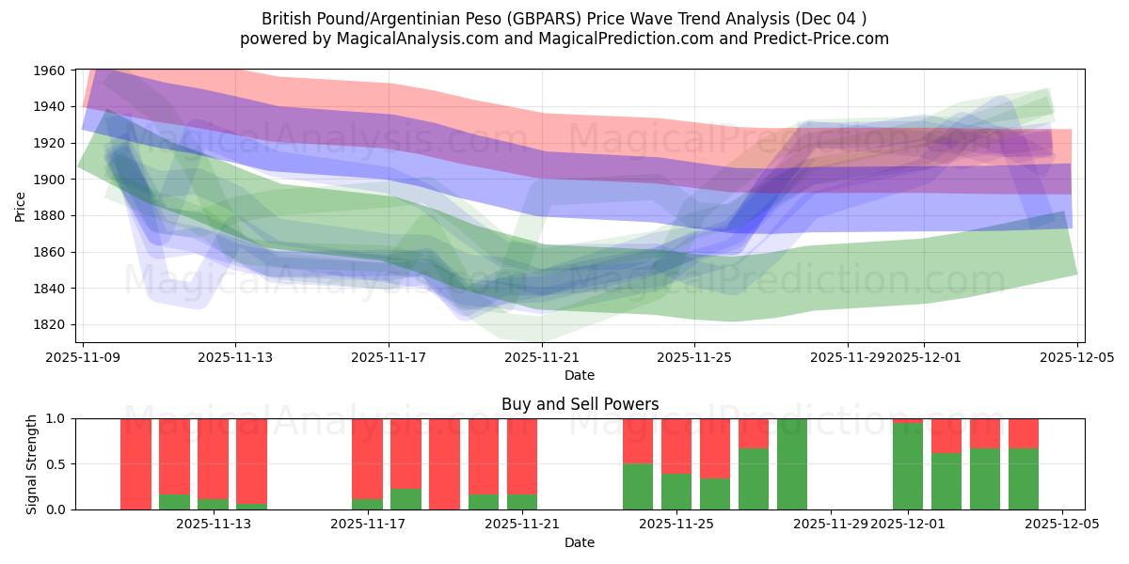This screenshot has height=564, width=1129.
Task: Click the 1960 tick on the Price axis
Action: click(50, 70)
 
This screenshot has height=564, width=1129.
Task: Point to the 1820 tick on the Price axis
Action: click(50, 325)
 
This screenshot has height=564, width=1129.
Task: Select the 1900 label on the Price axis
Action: click(50, 180)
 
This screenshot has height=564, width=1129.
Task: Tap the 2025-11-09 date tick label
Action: click(83, 357)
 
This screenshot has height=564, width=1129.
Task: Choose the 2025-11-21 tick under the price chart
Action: click(542, 357)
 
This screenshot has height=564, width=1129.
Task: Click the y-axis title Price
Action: click(21, 207)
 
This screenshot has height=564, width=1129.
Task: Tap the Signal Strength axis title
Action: click(32, 463)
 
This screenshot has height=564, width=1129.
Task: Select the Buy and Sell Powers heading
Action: click(580, 404)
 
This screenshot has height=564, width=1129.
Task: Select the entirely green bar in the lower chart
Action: click(792, 464)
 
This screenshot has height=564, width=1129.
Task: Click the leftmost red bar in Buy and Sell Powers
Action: click(135, 464)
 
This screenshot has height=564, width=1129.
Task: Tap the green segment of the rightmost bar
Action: click(1024, 479)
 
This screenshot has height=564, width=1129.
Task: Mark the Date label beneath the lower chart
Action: click(580, 542)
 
